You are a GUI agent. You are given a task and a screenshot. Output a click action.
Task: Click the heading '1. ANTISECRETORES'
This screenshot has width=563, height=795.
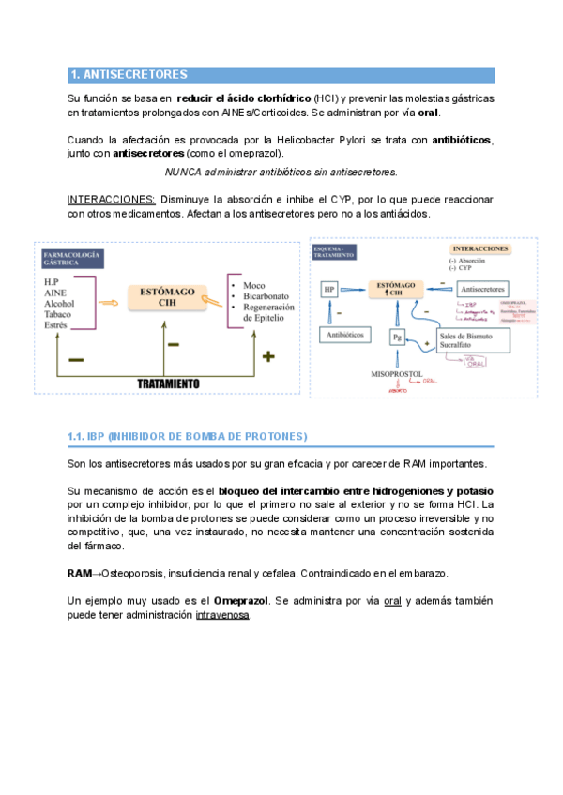coord(129,75)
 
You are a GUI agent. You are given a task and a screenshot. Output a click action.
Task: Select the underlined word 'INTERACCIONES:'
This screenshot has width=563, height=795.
coord(112,201)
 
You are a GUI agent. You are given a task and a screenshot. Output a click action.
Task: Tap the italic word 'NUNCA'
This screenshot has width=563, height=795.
coord(183,172)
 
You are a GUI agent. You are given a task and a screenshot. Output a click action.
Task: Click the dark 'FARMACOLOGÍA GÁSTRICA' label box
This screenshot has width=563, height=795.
coord(72,258)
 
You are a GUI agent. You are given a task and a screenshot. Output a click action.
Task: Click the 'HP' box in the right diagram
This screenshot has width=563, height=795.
coord(329,291)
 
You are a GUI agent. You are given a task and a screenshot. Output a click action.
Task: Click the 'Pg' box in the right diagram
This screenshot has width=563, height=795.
coord(398,335)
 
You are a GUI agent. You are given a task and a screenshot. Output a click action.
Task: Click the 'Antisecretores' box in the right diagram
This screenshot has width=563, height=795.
coord(482,289)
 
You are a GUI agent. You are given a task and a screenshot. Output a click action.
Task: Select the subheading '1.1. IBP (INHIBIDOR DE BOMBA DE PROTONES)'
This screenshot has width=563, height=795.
coord(187,437)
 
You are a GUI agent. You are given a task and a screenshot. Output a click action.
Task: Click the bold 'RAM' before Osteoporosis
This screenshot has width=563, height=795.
coord(80,574)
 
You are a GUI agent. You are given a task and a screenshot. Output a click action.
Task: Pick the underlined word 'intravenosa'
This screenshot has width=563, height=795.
coord(222,615)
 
